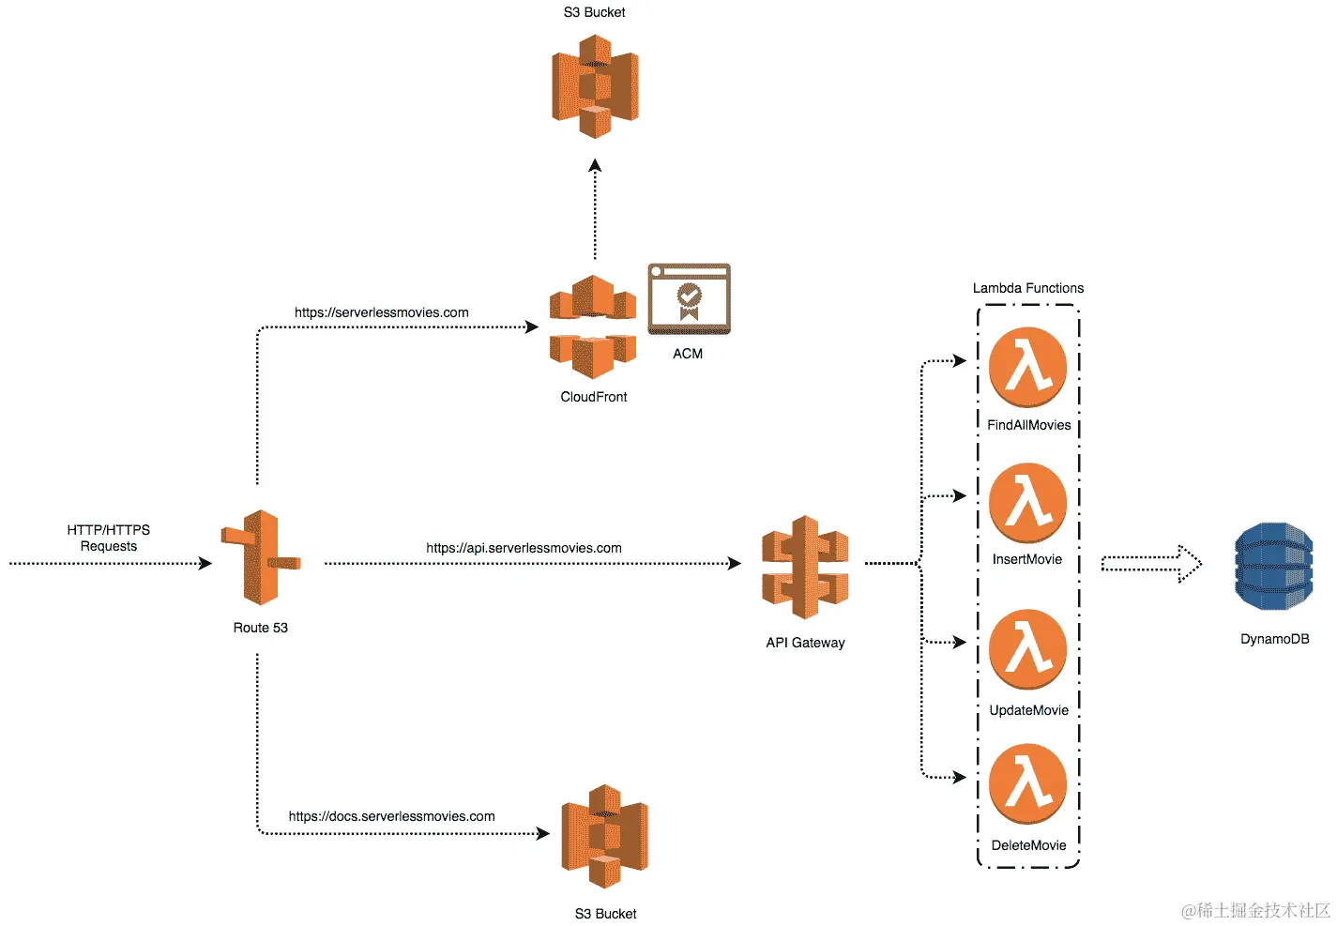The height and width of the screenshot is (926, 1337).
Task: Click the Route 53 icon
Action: [x=261, y=557]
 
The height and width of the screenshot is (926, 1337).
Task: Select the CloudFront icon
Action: [x=593, y=326]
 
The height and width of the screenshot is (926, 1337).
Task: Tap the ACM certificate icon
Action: [x=689, y=298]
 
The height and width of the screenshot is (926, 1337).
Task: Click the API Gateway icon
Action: [x=805, y=567]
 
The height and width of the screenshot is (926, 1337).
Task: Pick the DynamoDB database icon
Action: [x=1274, y=566]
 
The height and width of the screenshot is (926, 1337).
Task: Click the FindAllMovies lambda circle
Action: [x=1027, y=367]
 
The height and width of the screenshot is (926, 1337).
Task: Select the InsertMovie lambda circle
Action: [x=1027, y=503]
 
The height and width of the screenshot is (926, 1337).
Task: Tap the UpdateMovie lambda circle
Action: [x=1027, y=649]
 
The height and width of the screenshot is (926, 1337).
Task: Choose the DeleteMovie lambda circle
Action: [x=1027, y=784]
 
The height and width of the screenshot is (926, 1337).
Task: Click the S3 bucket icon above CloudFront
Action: [x=595, y=86]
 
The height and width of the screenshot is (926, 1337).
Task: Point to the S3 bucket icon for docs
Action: [x=604, y=837]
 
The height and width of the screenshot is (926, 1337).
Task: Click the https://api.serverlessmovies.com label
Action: [x=524, y=548]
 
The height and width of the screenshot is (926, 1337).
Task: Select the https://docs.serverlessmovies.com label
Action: [x=391, y=816]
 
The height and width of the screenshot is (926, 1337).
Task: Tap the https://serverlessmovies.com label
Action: [x=382, y=312]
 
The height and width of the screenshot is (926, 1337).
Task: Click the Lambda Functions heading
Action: [x=1027, y=288]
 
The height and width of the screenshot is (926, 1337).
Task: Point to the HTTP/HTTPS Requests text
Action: [x=109, y=538]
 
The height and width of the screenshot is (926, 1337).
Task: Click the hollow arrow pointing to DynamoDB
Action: [x=1151, y=564]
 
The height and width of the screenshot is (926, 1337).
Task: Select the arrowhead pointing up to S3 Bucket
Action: [x=595, y=165]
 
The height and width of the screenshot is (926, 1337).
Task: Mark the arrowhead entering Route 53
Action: [x=205, y=563]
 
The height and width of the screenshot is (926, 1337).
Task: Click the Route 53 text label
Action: [x=260, y=628]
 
